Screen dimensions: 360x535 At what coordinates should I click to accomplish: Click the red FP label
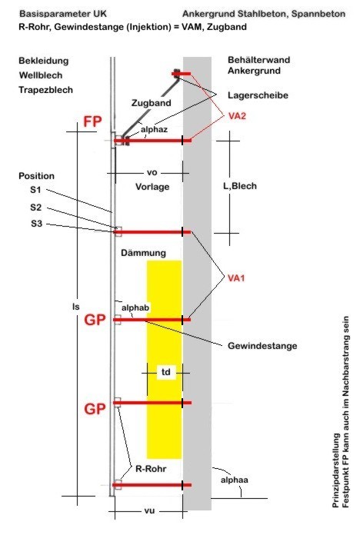(x=92, y=121)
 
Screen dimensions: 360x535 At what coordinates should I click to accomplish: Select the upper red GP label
(x=95, y=320)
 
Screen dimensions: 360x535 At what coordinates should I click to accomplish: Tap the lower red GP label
(x=95, y=409)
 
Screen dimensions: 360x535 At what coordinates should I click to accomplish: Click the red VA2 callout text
(x=237, y=116)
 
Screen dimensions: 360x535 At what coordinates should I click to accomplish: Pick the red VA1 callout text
(x=236, y=278)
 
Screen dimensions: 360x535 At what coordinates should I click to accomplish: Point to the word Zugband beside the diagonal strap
(x=152, y=103)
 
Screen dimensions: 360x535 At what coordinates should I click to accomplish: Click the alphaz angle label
(x=154, y=129)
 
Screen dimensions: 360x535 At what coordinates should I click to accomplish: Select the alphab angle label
(x=135, y=307)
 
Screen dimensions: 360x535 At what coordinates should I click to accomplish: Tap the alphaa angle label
(x=235, y=480)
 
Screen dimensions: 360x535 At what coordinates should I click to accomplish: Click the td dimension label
(x=165, y=371)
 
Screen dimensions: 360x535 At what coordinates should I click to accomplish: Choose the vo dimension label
(x=152, y=173)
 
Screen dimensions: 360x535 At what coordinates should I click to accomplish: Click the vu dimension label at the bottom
(x=149, y=510)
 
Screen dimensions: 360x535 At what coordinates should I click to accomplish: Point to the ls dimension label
(x=76, y=307)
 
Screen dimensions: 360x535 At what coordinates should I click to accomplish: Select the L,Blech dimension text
(x=240, y=186)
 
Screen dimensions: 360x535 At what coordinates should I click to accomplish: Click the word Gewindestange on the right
(x=262, y=346)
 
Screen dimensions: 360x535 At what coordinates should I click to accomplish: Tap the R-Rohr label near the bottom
(x=151, y=469)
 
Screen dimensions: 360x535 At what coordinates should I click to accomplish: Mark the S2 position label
(x=36, y=208)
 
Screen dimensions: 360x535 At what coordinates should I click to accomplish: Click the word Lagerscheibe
(x=258, y=95)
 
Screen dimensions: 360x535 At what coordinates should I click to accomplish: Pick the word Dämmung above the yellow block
(x=143, y=253)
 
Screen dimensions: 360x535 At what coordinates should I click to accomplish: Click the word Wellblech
(x=41, y=75)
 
